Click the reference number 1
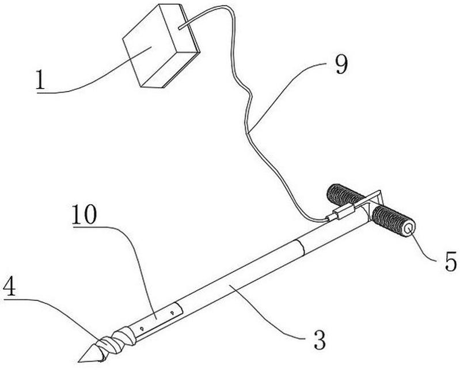pyautogui.click(x=40, y=79)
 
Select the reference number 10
pyautogui.click(x=84, y=214)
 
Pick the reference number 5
pyautogui.click(x=451, y=261)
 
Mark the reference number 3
pyautogui.click(x=320, y=340)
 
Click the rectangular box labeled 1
pyautogui.click(x=161, y=45)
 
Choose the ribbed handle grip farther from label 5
pyautogui.click(x=345, y=195)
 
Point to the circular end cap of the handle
pyautogui.click(x=409, y=228)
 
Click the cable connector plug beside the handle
pyautogui.click(x=340, y=212)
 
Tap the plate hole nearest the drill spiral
pyautogui.click(x=142, y=329)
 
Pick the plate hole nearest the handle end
pyautogui.click(x=173, y=313)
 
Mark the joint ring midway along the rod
pyautogui.click(x=301, y=247)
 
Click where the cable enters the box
pyautogui.click(x=179, y=28)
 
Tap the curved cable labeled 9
pyautogui.click(x=248, y=132)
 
